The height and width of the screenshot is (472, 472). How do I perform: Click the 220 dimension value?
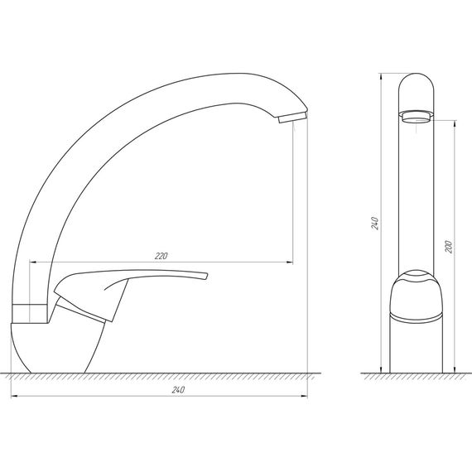click(x=161, y=256)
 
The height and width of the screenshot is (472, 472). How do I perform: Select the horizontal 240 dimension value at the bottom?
click(x=177, y=389)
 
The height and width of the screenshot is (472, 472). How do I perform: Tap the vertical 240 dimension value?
click(x=375, y=224)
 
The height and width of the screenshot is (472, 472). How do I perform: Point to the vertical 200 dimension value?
click(x=448, y=246)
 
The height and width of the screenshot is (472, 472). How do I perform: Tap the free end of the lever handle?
click(x=204, y=276)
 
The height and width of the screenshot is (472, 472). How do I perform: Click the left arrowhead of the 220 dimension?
click(x=32, y=262)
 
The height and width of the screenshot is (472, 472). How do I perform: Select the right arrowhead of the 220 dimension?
click(x=290, y=262)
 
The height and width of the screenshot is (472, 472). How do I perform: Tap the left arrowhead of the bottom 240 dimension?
click(x=14, y=396)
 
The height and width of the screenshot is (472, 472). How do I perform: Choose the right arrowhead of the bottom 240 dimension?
click(x=305, y=396)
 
